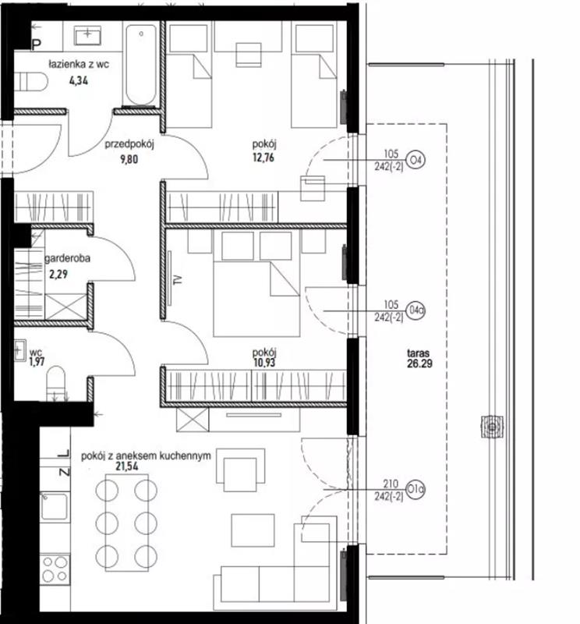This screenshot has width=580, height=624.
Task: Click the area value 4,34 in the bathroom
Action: pyautogui.click(x=79, y=81)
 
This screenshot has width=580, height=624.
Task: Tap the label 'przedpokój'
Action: pyautogui.click(x=129, y=144)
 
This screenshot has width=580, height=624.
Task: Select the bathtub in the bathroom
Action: pyautogui.click(x=141, y=65)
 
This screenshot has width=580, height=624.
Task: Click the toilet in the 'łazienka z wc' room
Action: pyautogui.click(x=31, y=82)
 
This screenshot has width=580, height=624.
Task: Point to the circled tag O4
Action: pyautogui.click(x=416, y=160)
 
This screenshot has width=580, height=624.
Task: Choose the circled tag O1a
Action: pyautogui.click(x=416, y=489)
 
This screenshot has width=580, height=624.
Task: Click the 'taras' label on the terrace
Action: pyautogui.click(x=419, y=353)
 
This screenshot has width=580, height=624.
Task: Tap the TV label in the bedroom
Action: pyautogui.click(x=178, y=279)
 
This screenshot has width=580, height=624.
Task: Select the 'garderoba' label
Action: pyautogui.click(x=68, y=259)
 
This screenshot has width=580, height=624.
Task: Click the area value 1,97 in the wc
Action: pyautogui.click(x=37, y=362)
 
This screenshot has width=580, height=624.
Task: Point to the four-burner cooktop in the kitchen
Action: pyautogui.click(x=55, y=569)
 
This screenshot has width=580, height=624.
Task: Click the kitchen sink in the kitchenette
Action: pyautogui.click(x=54, y=505)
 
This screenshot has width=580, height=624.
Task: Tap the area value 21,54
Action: pyautogui.click(x=127, y=466)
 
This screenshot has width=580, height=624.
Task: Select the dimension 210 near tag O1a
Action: pyautogui.click(x=391, y=484)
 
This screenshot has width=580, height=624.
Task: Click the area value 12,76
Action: pyautogui.click(x=263, y=158)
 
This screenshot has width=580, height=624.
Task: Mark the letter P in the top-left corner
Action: pyautogui.click(x=36, y=45)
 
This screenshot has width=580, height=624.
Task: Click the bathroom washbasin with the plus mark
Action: pyautogui.click(x=87, y=36)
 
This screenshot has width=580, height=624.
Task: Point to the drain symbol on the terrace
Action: pyautogui.click(x=492, y=427)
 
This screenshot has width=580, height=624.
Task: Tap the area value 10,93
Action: pyautogui.click(x=264, y=363)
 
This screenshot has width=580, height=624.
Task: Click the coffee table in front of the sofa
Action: pyautogui.click(x=253, y=530)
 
